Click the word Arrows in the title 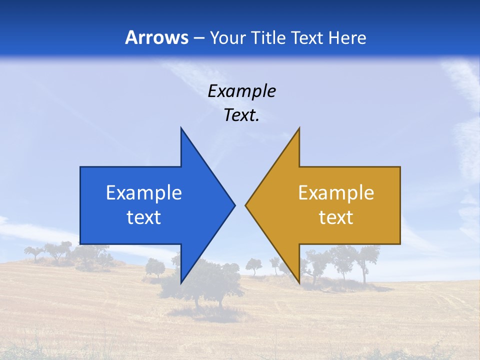pos(157,37)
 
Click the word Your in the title pos(227,38)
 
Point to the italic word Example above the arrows pos(241,91)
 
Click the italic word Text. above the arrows pos(241,115)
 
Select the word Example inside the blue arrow pos(144,193)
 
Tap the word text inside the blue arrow pos(144,217)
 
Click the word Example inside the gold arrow pos(336,193)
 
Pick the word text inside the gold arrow pos(336,217)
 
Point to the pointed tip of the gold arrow pos(246,204)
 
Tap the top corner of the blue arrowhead pos(181,129)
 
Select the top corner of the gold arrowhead pos(298,129)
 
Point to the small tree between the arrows pos(253,266)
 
